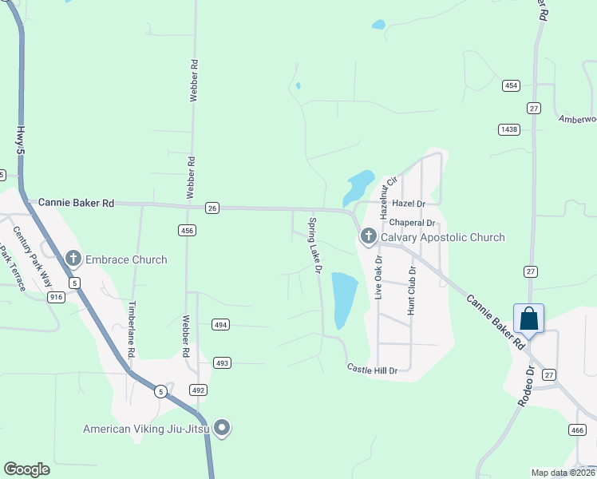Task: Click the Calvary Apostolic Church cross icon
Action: tap(368, 236)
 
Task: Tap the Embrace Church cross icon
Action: tap(73, 259)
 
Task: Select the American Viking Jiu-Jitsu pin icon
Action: tap(223, 429)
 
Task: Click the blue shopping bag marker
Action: tap(528, 319)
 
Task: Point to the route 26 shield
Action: tap(212, 208)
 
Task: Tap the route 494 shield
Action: tap(221, 324)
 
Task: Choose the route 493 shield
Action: tap(223, 362)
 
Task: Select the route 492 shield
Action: tap(198, 390)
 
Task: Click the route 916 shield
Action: tap(55, 296)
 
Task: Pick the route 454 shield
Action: tap(512, 85)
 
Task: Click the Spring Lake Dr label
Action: tap(314, 247)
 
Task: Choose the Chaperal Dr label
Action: tap(413, 223)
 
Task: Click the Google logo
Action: tap(27, 469)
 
